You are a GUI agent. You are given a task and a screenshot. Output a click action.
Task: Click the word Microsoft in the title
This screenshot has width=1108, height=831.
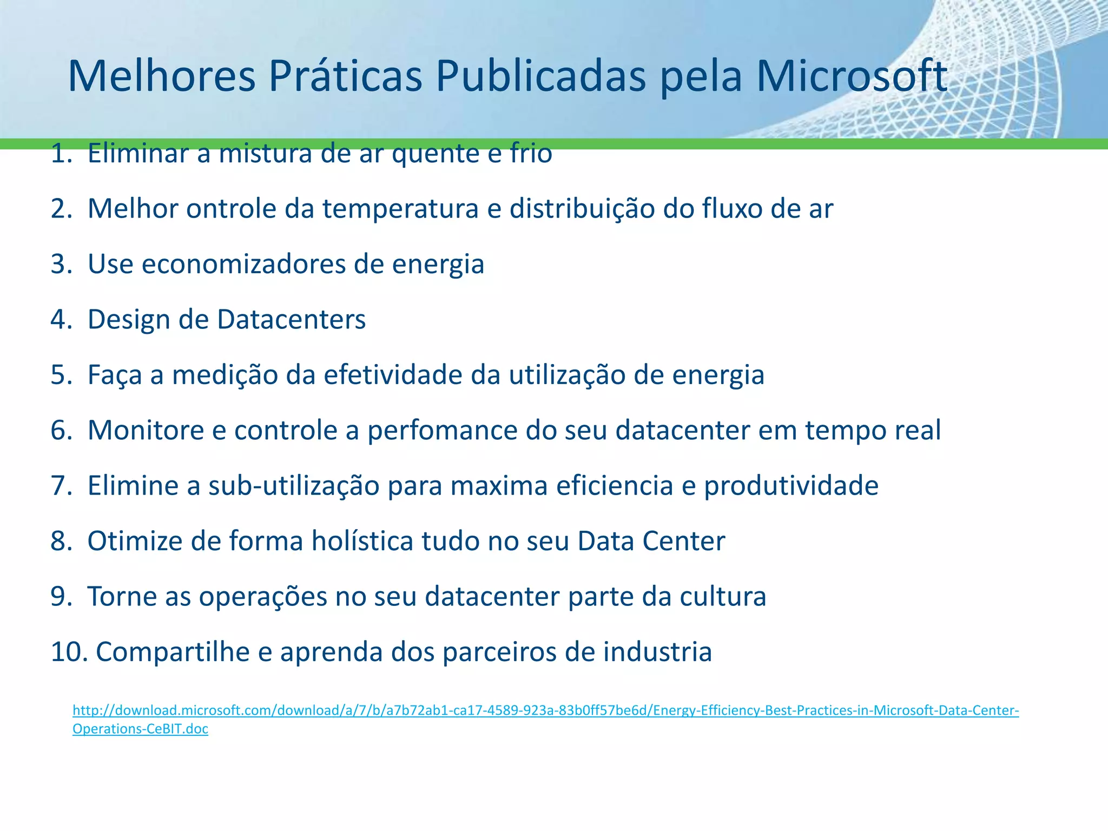coord(851,76)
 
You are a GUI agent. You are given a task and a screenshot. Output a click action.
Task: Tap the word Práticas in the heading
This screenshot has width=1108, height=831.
coord(345,76)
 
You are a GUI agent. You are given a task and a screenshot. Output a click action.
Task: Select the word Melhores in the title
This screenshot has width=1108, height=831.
coord(161,76)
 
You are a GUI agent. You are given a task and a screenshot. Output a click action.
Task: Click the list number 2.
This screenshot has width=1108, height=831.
coord(61,209)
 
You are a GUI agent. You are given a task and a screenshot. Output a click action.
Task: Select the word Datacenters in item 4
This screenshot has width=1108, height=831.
coord(291,319)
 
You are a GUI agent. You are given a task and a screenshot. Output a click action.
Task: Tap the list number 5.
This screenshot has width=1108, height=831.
coord(61,375)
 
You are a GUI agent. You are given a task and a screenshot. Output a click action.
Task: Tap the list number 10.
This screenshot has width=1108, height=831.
coord(68,652)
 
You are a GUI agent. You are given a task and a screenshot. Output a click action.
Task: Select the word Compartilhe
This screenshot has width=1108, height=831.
coord(172,652)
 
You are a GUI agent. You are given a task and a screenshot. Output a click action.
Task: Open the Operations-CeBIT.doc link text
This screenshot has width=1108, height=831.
coord(140,729)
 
